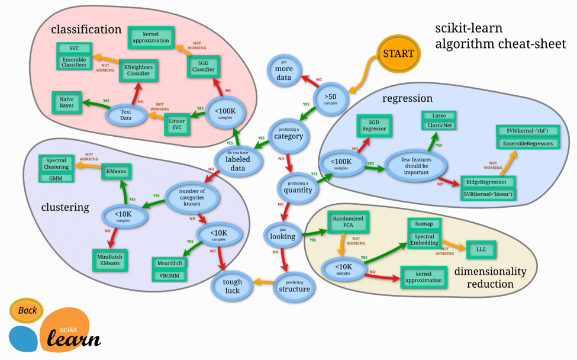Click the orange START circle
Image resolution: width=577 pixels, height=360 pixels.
[398, 53]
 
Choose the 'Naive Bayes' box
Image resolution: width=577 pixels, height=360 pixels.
[67, 102]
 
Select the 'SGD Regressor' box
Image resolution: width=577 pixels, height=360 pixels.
[374, 125]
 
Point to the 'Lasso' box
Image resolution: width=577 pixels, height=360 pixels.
[439, 115]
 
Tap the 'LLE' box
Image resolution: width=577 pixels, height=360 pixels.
[481, 249]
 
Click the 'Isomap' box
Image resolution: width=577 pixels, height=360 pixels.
[424, 224]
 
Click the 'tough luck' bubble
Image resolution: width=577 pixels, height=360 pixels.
[233, 286]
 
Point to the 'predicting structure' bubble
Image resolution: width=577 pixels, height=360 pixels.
[294, 286]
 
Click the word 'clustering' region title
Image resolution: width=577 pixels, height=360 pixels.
[65, 207]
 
